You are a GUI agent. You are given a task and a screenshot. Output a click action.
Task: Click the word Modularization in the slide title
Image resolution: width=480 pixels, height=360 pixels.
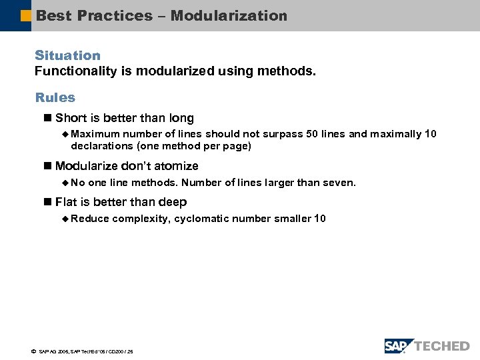click(x=229, y=15)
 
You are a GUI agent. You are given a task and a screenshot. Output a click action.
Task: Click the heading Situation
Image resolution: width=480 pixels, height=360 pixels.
click(x=67, y=55)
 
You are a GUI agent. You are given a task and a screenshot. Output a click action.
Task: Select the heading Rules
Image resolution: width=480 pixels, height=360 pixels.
click(x=55, y=97)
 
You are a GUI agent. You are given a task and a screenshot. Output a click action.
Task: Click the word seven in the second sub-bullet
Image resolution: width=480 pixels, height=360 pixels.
click(x=341, y=183)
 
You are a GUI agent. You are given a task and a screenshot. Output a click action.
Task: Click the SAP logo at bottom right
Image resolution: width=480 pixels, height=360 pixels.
click(x=399, y=345)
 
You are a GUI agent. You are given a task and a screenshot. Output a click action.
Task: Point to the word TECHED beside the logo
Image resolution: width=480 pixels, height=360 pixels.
click(x=442, y=346)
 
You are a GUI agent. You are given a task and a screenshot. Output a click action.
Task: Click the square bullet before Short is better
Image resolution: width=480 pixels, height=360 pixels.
click(x=47, y=119)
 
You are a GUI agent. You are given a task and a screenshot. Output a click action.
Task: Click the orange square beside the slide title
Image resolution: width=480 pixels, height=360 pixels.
click(x=26, y=15)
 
